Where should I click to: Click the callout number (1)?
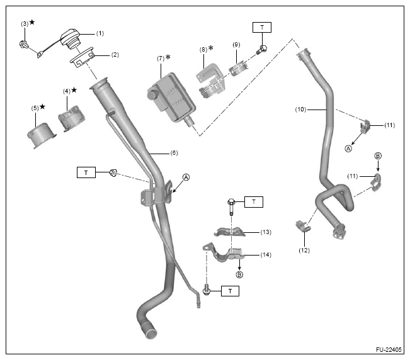(99, 32)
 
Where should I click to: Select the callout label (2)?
(115, 54)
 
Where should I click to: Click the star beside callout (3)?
(32, 23)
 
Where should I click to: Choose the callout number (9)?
(236, 45)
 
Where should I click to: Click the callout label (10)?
(301, 109)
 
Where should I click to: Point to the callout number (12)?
(304, 250)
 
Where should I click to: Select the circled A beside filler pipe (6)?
(186, 177)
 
